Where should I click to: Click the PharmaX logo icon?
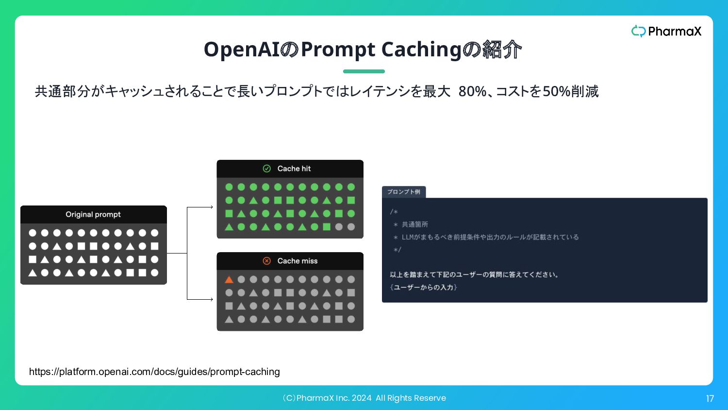[638, 31]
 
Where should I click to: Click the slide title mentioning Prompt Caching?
[363, 50]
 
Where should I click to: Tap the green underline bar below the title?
[364, 71]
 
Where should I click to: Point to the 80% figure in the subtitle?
[472, 91]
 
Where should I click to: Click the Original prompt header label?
[93, 214]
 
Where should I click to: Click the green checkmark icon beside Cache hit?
[266, 169]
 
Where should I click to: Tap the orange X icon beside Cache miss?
[266, 261]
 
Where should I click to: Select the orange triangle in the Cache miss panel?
[229, 279]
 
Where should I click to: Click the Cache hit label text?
[294, 169]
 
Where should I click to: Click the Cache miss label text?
[298, 261]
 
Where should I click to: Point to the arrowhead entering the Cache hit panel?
[212, 207]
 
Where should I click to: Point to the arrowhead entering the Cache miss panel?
[212, 299]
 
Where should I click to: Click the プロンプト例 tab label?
[404, 192]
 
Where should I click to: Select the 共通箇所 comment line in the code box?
[411, 224]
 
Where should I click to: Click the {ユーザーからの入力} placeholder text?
[424, 287]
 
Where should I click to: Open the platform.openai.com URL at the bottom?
[154, 372]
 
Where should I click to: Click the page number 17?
[710, 399]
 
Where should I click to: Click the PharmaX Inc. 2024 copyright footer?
[364, 398]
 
